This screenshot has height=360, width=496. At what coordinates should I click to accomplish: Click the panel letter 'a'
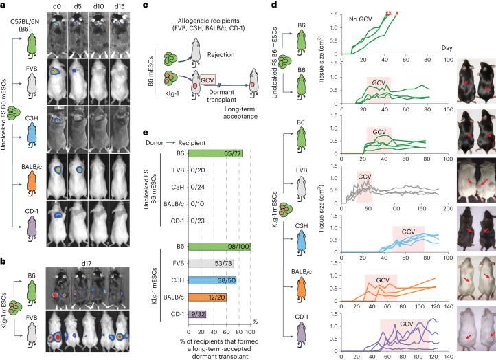coord(4,5)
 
